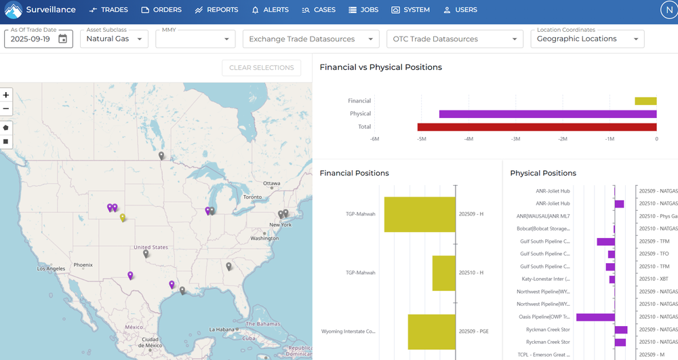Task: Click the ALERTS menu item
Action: [270, 10]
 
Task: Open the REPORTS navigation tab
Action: [216, 10]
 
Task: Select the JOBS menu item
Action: [364, 10]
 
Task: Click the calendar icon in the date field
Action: [63, 39]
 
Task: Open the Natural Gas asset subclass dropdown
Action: [114, 39]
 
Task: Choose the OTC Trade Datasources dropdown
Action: [454, 39]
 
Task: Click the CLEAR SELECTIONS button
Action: [261, 68]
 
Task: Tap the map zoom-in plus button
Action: [6, 96]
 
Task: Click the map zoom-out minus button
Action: [6, 108]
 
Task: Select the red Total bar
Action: [536, 127]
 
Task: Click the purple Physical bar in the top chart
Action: [548, 114]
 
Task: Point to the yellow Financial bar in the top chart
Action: [645, 101]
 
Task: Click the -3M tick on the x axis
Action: [515, 139]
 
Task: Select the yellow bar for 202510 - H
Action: [444, 273]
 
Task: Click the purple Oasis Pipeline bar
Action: [595, 317]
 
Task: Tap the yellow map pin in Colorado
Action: [123, 218]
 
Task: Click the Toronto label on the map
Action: [252, 197]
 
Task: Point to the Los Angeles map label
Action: [51, 269]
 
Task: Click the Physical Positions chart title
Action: [543, 174]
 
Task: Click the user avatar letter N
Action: [668, 10]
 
